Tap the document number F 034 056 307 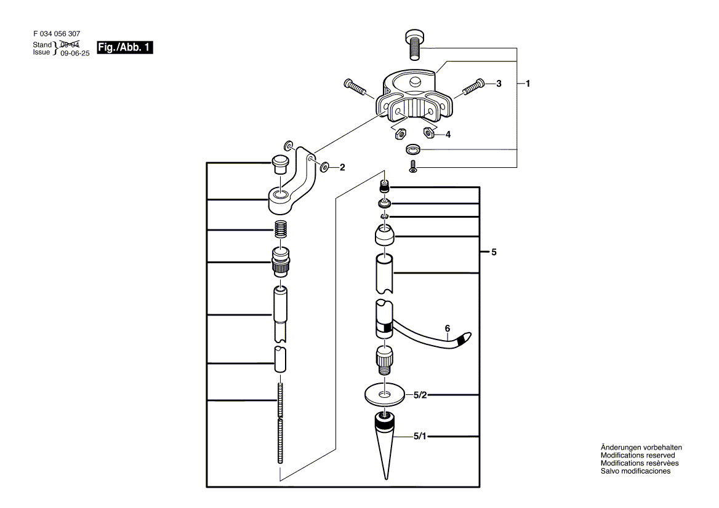coord(56,34)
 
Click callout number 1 coord(528,83)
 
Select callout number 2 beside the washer coord(342,166)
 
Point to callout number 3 coord(499,83)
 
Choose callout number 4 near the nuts coord(448,133)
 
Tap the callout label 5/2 coord(420,395)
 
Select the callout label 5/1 coord(420,437)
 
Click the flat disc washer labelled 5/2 coord(385,394)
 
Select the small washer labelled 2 coord(324,165)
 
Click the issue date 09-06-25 coord(75,54)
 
